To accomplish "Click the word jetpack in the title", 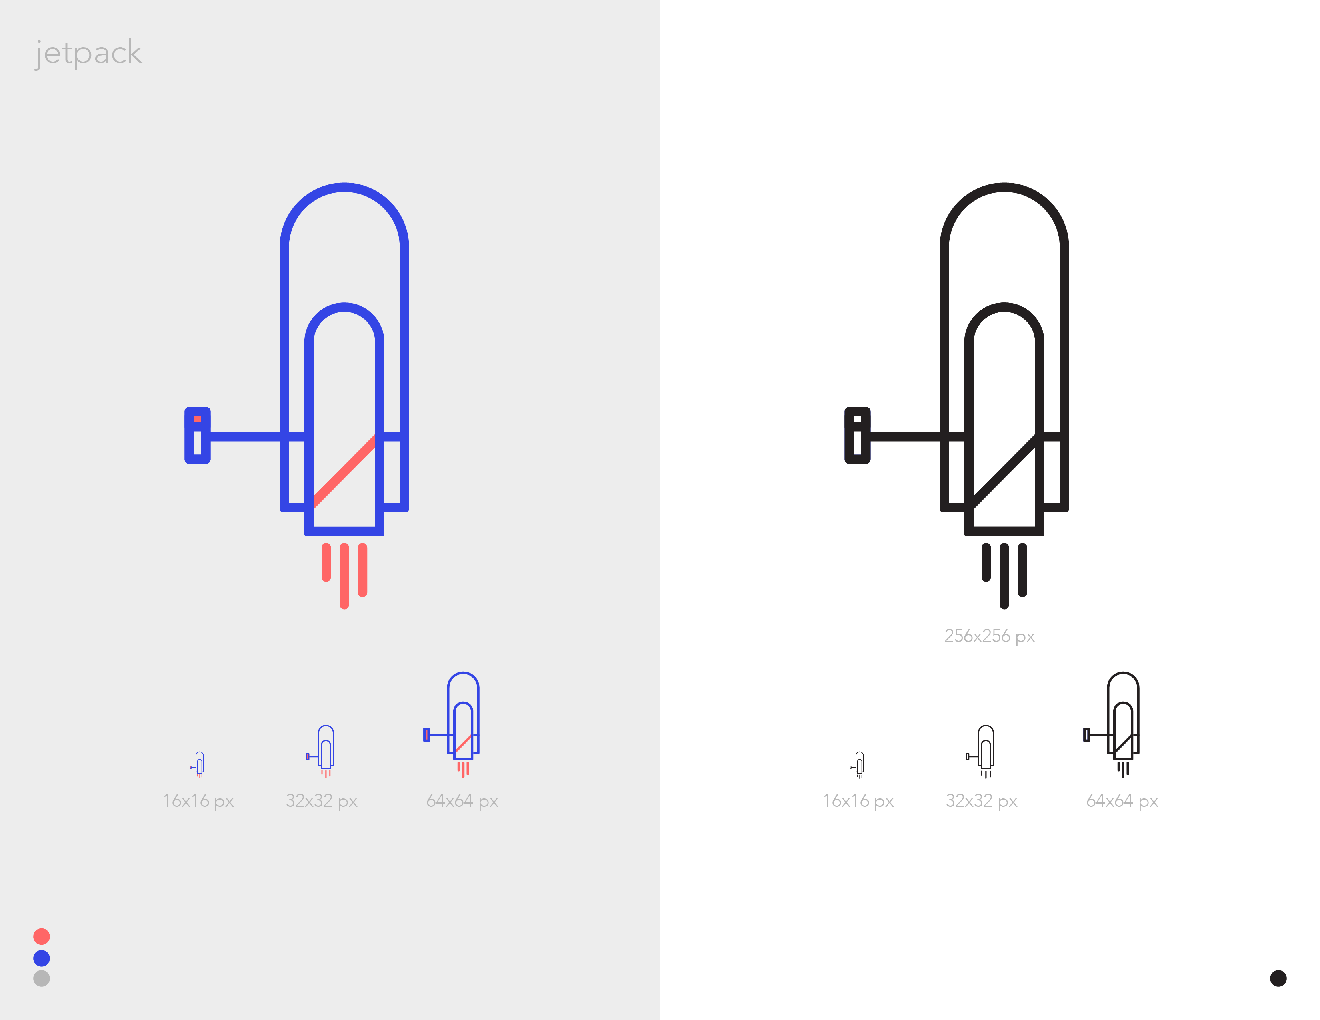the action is [88, 53].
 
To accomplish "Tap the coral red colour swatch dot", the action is [42, 936].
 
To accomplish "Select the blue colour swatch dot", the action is [42, 958].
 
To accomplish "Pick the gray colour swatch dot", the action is [42, 978].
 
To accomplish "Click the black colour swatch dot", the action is [1278, 978].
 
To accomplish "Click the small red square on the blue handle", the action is [198, 419].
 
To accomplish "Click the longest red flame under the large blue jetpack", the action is [344, 576].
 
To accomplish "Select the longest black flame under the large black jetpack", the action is [1004, 576].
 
